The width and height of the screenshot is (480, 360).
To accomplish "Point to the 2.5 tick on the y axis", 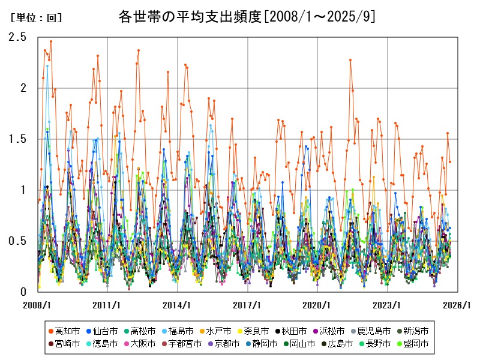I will [x=17, y=37].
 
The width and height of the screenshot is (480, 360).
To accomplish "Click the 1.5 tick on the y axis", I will [x=17, y=139].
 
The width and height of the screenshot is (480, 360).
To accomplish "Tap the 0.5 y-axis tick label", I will [x=17, y=241].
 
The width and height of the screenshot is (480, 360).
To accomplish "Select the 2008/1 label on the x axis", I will [x=37, y=305].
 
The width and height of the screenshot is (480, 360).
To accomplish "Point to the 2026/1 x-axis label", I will [x=457, y=305].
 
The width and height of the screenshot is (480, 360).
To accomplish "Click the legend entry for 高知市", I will [x=64, y=331].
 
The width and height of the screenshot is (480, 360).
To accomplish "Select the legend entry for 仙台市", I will [x=101, y=331].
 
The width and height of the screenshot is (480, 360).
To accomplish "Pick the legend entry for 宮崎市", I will [x=64, y=344].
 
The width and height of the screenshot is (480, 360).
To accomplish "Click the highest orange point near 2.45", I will [x=51, y=41].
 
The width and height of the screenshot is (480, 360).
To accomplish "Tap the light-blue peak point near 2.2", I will [x=47, y=66].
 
